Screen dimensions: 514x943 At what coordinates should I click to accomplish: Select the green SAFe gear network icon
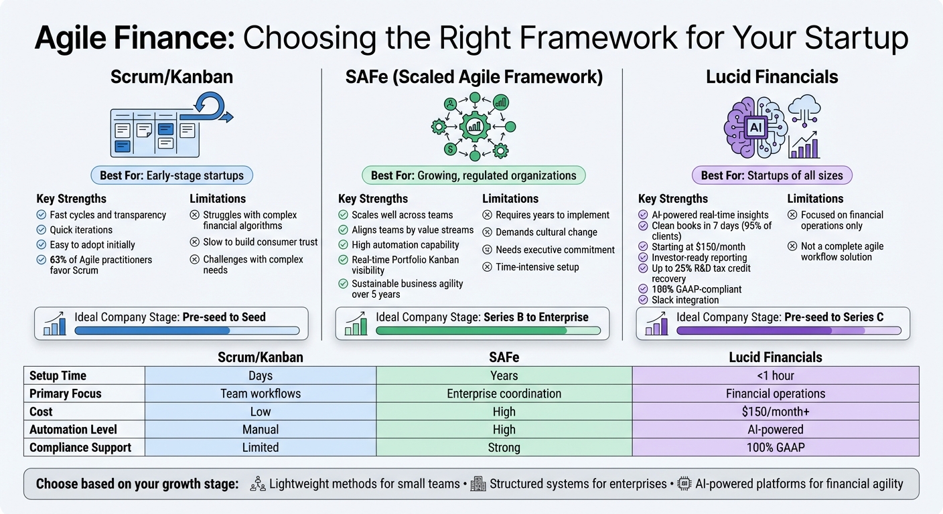[474, 126]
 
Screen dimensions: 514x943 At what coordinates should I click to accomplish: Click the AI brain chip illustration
[755, 127]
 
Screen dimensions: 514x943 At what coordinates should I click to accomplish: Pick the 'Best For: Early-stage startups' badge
[172, 176]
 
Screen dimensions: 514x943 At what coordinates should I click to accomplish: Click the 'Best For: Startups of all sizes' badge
[772, 176]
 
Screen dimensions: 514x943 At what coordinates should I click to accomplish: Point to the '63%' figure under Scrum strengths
[58, 260]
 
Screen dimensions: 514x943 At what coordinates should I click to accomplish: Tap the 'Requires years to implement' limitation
[552, 215]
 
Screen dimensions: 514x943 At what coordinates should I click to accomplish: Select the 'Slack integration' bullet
[684, 301]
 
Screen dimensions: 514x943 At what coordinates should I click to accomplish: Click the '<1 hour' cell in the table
[775, 375]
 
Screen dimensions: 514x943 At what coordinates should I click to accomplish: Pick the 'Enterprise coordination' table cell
[504, 394]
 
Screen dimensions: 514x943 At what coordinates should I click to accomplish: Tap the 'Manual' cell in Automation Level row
[260, 430]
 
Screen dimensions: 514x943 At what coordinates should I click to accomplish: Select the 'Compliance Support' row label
[80, 448]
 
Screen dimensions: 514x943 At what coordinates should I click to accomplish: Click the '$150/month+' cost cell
[775, 412]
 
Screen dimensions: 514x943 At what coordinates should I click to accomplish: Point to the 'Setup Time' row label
[58, 375]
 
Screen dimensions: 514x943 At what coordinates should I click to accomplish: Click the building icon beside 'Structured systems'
[478, 484]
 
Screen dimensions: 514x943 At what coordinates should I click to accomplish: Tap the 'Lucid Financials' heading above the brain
[772, 77]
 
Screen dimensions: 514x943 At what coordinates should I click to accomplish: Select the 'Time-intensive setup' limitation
[537, 267]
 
